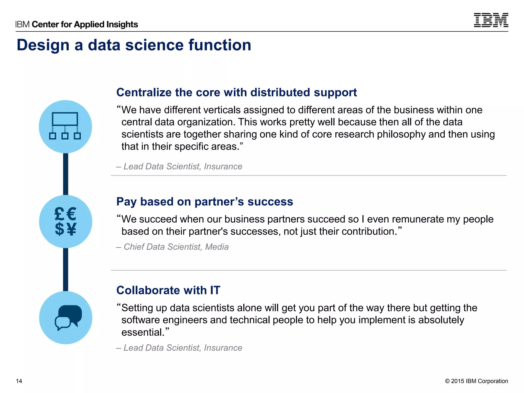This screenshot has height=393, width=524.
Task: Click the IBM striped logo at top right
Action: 491,20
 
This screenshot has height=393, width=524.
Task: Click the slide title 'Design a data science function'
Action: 134,45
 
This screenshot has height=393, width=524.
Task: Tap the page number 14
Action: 19,381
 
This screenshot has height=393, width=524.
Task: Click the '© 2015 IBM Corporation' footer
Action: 476,381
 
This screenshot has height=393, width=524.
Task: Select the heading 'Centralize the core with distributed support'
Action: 236,92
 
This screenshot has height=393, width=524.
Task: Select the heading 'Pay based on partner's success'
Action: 204,202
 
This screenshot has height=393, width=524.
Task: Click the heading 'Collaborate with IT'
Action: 168,290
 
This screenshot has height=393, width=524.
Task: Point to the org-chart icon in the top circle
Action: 65,126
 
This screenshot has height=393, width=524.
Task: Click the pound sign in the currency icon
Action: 59,214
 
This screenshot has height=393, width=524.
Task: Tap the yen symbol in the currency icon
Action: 72,229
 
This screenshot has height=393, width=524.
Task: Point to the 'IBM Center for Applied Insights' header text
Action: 77,24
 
